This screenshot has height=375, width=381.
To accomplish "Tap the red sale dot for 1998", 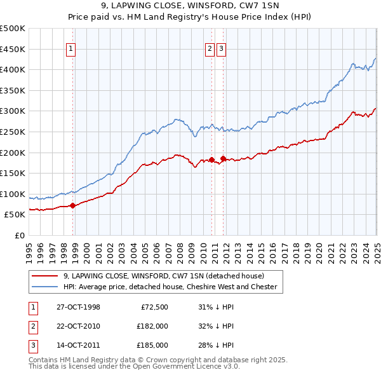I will [x=73, y=205].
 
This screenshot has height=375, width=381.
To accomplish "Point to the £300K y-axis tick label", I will [x=13, y=111].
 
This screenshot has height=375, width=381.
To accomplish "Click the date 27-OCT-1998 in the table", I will [x=78, y=307].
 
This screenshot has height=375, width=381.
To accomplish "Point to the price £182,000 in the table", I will [x=152, y=326].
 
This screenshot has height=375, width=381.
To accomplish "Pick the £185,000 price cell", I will [x=152, y=345].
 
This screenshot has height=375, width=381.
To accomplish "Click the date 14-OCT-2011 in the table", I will [x=78, y=345].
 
